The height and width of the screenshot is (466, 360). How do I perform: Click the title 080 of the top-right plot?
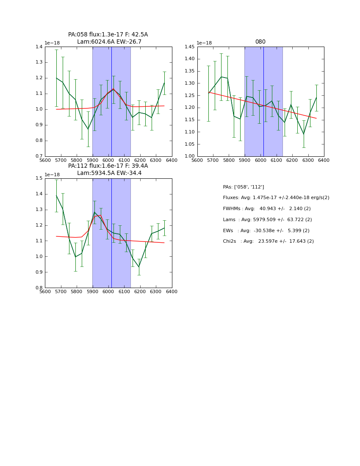(260, 42)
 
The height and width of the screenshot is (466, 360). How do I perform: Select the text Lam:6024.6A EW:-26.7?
(109, 42)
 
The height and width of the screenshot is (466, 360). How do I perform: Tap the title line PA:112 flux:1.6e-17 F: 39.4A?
(108, 166)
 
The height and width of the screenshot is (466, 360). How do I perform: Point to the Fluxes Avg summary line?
(276, 198)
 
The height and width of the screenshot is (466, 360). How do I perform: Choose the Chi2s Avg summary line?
(267, 241)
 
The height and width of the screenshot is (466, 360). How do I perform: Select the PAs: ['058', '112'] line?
(244, 187)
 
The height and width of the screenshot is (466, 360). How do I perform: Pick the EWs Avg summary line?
(266, 230)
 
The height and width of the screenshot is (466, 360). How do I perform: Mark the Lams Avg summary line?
(267, 219)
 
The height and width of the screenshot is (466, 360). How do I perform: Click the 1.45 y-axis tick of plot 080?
(189, 47)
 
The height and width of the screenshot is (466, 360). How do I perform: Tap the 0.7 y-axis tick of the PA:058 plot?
(39, 156)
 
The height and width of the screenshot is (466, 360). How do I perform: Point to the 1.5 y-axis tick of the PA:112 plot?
(39, 178)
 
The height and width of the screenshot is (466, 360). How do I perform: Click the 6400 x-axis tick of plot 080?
(324, 161)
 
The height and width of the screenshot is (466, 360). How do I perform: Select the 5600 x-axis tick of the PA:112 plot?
(45, 292)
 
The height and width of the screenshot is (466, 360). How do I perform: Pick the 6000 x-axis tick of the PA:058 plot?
(108, 161)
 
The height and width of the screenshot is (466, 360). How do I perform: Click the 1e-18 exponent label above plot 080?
(204, 43)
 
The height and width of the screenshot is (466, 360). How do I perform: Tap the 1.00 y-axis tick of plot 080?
(189, 156)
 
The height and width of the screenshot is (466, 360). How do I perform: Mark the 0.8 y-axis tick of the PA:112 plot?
(39, 288)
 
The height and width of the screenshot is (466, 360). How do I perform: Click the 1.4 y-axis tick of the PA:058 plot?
(39, 47)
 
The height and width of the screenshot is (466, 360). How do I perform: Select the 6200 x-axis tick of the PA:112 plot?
(140, 292)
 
